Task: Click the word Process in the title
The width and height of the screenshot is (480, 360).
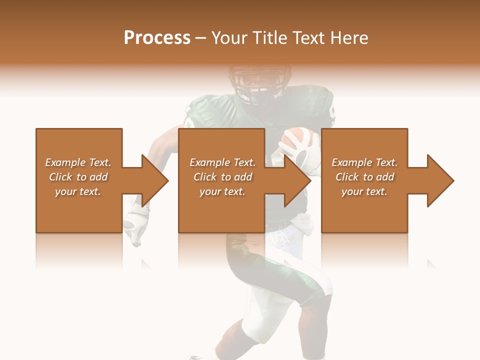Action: pos(157,38)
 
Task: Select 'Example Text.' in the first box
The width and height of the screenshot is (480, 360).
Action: pos(78,162)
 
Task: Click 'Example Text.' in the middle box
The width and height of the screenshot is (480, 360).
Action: pos(222,162)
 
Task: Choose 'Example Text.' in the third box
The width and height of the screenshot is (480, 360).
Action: pos(364,162)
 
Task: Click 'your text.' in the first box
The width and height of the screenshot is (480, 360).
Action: pos(78,191)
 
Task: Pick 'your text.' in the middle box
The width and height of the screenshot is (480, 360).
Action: pos(222,191)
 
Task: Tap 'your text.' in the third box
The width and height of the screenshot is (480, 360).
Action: pos(364,191)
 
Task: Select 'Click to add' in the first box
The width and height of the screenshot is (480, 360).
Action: pos(78,177)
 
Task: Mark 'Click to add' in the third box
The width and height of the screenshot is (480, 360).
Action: pos(364,177)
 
